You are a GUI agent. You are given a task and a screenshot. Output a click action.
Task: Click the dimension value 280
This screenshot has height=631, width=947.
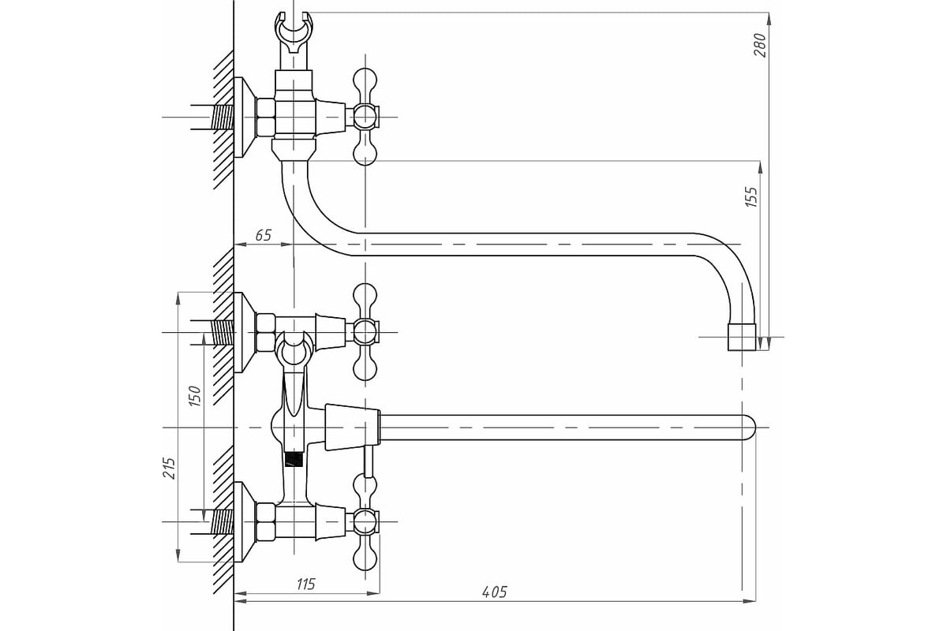759,45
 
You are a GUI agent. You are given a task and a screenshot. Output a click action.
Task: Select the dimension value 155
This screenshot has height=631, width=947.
751,196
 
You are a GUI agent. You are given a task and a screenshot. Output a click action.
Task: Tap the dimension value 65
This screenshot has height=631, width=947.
263,235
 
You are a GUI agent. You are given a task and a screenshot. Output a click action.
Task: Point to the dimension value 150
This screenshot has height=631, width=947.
194,396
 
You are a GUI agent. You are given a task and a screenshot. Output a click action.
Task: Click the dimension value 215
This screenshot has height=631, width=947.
170,468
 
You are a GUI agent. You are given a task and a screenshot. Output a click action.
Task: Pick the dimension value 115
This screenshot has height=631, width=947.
305,584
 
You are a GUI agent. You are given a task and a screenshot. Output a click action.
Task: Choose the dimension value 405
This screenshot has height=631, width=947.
494,592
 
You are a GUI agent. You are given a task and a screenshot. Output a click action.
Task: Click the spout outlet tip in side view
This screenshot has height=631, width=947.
742,338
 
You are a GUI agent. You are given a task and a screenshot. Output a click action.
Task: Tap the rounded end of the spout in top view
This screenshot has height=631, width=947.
749,428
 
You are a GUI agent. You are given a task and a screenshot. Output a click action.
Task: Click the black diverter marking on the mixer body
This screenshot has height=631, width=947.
294,459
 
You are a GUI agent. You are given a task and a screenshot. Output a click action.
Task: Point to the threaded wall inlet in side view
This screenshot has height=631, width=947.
223,117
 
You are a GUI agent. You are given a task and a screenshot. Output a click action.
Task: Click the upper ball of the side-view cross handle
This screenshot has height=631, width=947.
365,80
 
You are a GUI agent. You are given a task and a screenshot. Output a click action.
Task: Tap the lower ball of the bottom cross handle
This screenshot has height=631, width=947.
365,558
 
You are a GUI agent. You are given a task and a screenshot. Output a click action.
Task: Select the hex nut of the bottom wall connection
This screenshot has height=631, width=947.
265,522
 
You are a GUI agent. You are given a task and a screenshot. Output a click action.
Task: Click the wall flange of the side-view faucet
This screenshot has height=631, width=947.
245,117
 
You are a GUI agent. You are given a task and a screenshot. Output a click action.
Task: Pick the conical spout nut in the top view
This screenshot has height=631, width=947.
353,428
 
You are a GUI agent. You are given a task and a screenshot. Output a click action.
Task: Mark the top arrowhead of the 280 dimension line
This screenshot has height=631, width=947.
769,19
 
